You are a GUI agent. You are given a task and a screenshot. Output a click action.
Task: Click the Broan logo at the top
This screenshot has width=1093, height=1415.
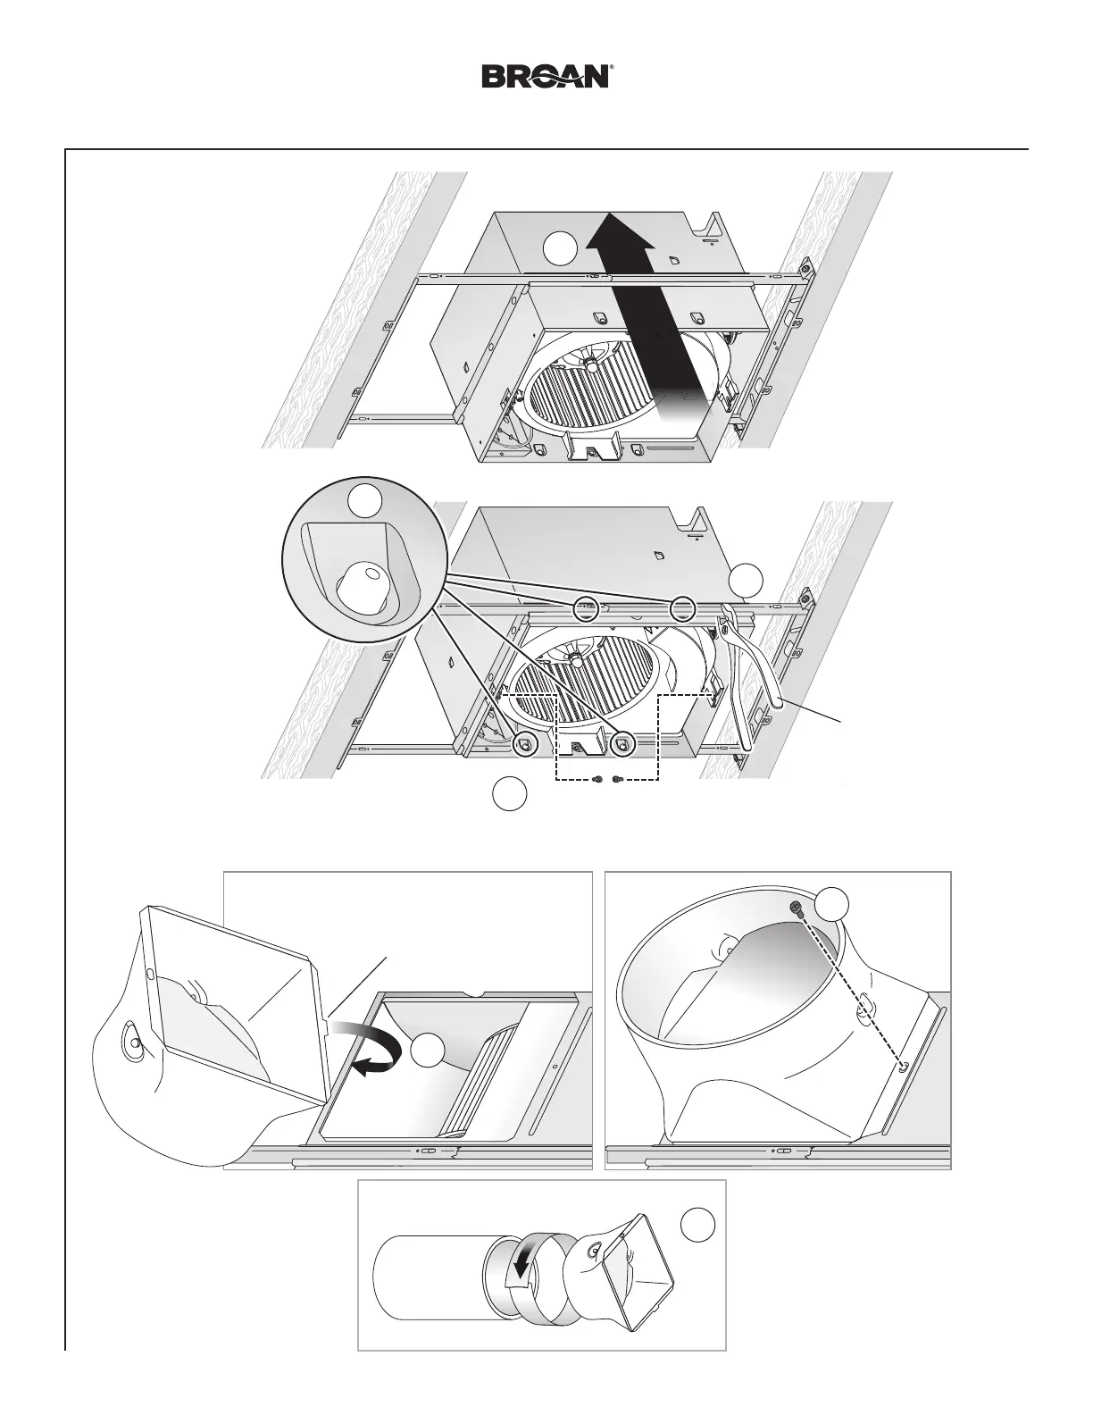click(546, 76)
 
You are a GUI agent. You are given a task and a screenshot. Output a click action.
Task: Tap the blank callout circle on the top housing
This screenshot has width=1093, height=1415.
click(561, 248)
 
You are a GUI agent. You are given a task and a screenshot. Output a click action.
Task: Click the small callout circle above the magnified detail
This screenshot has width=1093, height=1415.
click(364, 500)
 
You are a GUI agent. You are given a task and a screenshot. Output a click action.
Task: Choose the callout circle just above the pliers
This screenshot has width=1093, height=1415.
click(746, 582)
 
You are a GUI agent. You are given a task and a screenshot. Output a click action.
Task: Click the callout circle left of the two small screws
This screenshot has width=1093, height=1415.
click(509, 793)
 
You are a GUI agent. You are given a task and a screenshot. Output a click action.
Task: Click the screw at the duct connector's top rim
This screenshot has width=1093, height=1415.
click(795, 907)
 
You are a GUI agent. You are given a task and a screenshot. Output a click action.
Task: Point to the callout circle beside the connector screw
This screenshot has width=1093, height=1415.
click(832, 906)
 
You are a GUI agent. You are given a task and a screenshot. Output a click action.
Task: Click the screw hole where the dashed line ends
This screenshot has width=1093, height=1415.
click(903, 1066)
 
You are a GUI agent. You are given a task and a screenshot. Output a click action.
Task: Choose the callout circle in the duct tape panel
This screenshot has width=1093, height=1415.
click(697, 1224)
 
